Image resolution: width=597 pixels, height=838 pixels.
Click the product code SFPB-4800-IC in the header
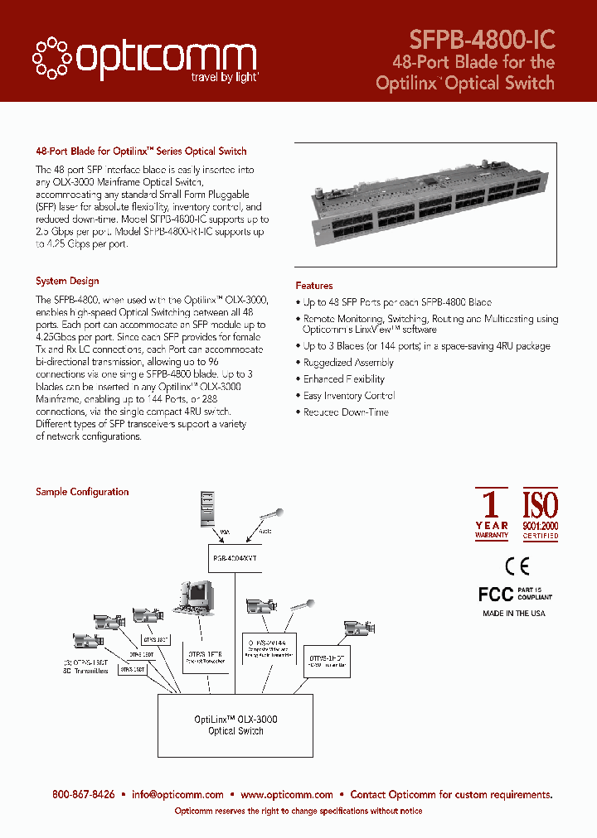(482, 39)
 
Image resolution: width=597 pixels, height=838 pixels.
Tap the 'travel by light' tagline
(221, 76)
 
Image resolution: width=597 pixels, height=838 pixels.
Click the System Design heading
(67, 281)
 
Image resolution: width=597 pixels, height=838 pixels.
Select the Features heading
(314, 286)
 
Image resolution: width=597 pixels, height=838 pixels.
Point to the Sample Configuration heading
(82, 492)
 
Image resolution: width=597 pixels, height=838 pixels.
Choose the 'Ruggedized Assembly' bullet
(348, 363)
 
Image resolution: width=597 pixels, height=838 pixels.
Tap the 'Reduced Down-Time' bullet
(345, 412)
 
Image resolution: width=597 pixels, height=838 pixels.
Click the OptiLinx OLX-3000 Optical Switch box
(235, 725)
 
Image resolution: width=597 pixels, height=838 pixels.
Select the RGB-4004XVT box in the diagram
(235, 558)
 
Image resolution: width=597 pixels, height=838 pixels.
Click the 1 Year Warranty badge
(492, 514)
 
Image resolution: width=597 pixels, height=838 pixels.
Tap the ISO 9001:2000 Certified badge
(540, 514)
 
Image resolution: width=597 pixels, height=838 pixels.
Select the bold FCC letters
(496, 595)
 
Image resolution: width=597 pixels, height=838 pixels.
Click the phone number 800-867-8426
(84, 794)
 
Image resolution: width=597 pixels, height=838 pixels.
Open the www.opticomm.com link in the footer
(287, 794)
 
